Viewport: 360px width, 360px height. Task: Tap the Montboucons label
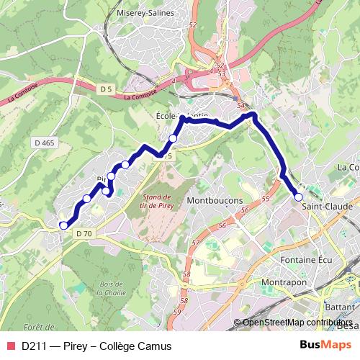tap(214, 200)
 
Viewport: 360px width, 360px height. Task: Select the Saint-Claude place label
tap(328, 207)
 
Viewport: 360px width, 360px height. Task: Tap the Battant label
tap(340, 306)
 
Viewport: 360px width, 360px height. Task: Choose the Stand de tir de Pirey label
tap(156, 202)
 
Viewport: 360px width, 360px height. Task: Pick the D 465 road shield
tap(43, 144)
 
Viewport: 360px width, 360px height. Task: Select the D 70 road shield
tap(84, 233)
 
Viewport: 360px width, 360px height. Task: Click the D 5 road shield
tap(107, 89)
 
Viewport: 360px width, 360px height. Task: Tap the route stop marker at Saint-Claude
tap(298, 196)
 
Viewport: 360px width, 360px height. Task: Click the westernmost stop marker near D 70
tap(63, 225)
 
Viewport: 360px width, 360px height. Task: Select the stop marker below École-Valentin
tap(173, 138)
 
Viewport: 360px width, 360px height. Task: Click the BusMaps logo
tap(330, 346)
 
